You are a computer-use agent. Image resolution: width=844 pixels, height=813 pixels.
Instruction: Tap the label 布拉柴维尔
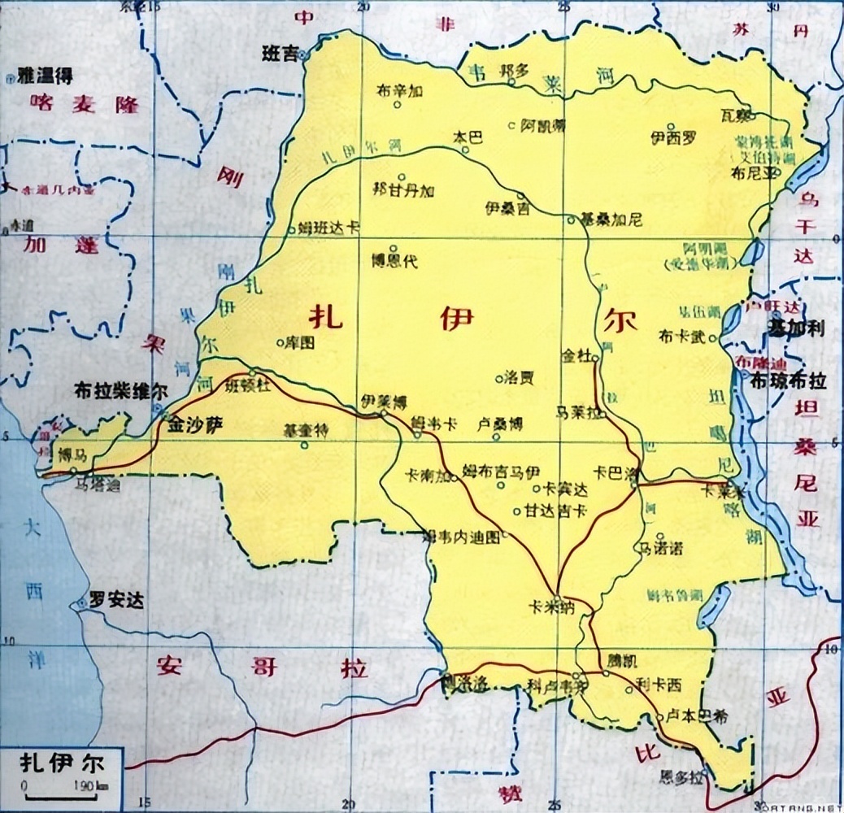(120, 389)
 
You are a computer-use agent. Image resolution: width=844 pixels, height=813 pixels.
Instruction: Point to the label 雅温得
(46, 77)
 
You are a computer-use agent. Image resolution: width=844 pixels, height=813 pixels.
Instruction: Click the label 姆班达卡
(328, 229)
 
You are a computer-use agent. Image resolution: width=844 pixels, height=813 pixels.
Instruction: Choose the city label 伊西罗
(674, 137)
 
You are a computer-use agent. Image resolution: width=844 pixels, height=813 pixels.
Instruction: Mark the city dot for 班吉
(302, 55)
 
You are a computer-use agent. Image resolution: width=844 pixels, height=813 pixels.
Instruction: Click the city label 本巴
(468, 137)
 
